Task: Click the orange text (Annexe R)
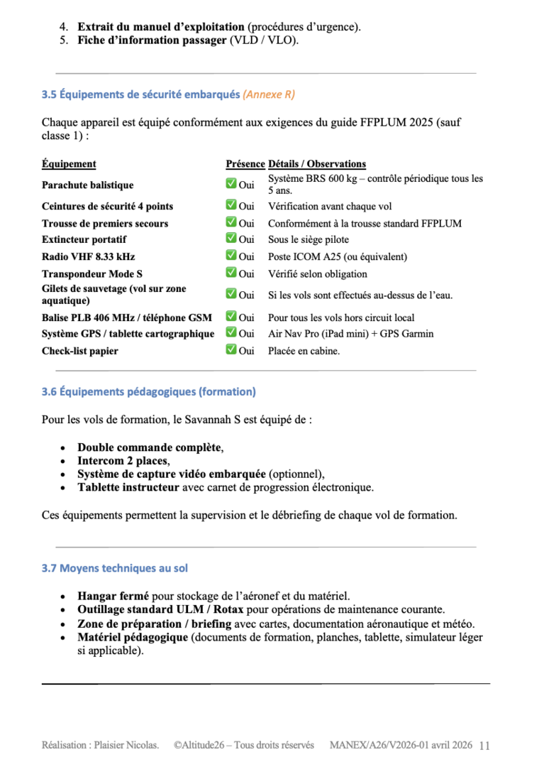click(269, 94)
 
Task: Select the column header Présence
click(245, 164)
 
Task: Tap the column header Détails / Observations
click(317, 164)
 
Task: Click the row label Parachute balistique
click(87, 185)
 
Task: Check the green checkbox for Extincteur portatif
click(231, 239)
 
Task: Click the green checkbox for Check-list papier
click(231, 350)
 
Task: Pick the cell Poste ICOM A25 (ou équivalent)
click(337, 257)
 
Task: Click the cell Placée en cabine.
click(304, 351)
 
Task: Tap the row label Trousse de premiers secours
click(105, 224)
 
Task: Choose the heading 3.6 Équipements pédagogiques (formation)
click(148, 391)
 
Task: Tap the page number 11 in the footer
click(485, 746)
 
